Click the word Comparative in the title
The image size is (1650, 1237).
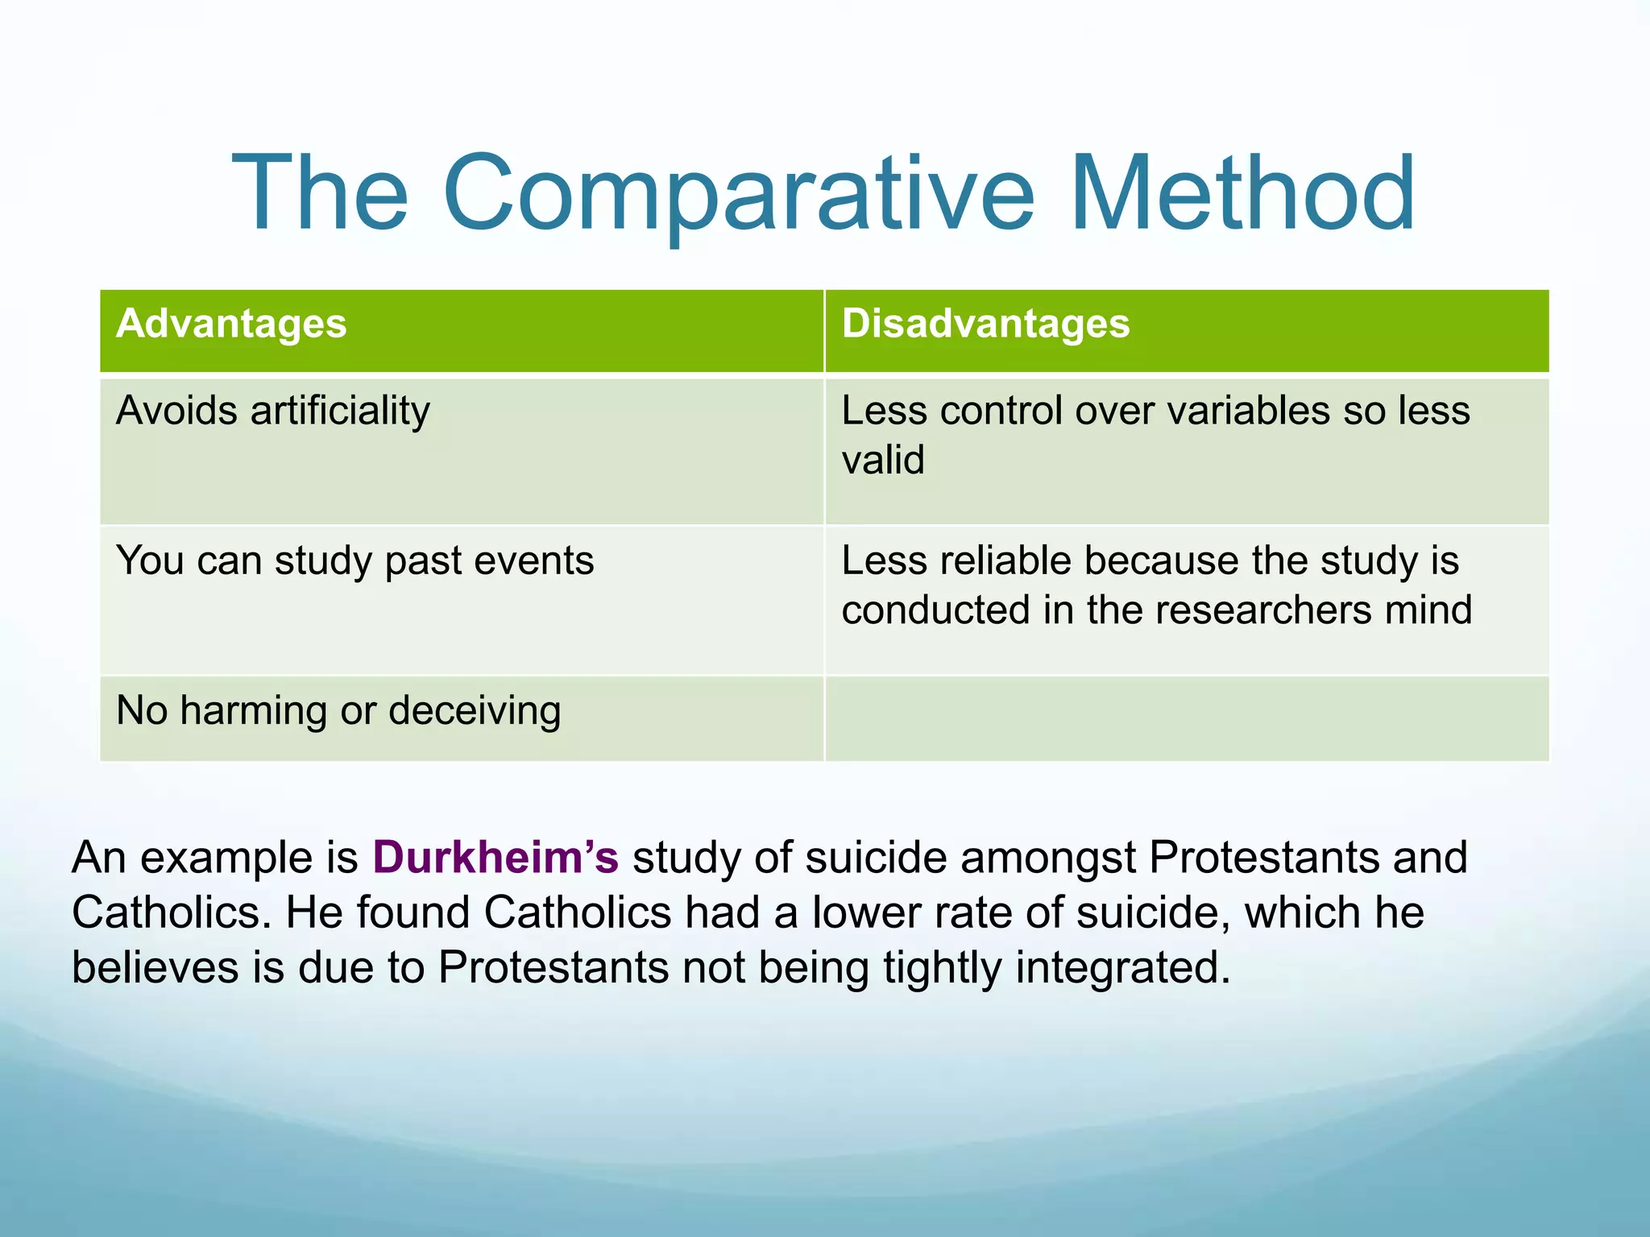point(737,195)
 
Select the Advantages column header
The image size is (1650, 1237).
point(231,324)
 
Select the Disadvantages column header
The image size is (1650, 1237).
point(985,324)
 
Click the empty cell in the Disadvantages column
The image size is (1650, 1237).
point(1186,718)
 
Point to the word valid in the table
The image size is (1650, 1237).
point(883,461)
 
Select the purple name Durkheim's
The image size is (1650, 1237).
point(495,858)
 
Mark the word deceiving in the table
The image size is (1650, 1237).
point(475,711)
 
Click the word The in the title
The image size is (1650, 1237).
point(320,195)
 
